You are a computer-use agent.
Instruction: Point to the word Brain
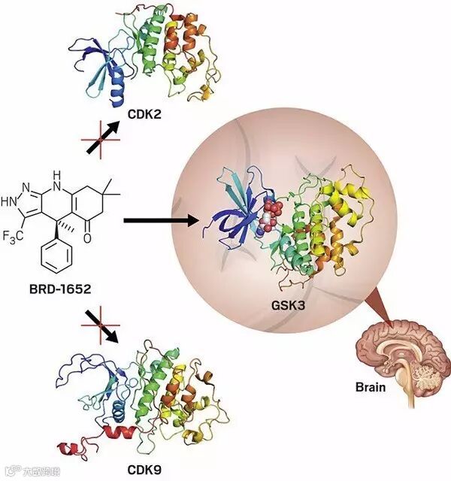pyautogui.click(x=371, y=388)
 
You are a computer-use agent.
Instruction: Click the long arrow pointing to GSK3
pyautogui.click(x=162, y=221)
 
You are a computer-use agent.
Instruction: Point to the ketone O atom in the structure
pyautogui.click(x=87, y=238)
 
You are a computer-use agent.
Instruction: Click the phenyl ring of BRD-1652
pyautogui.click(x=57, y=259)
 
